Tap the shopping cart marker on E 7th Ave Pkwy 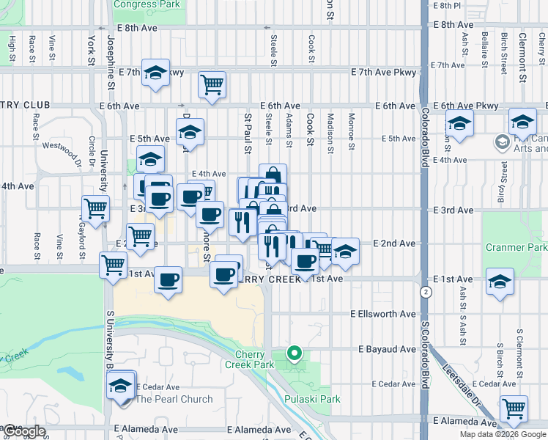[212, 84]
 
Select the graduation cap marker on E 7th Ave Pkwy [155, 73]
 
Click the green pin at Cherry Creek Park [295, 354]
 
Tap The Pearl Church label [174, 400]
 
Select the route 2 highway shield [426, 292]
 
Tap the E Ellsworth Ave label [382, 314]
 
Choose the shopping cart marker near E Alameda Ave [514, 408]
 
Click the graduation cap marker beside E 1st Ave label [500, 282]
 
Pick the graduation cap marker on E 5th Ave [190, 132]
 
